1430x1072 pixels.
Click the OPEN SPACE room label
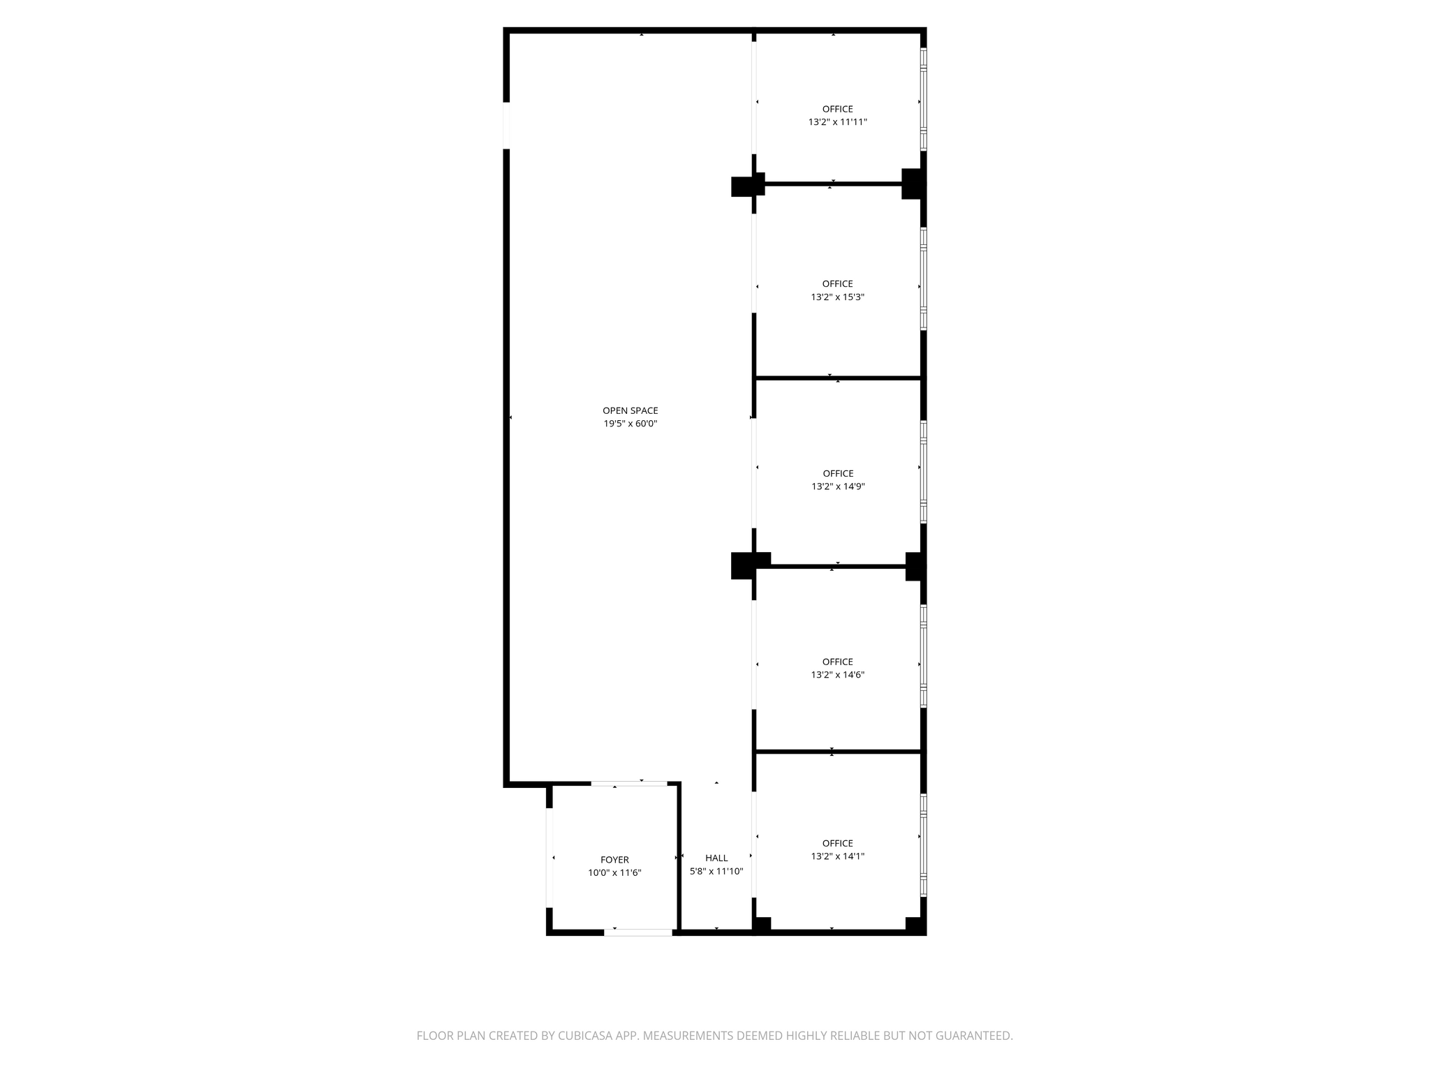point(630,410)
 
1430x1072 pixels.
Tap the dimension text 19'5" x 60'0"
point(630,424)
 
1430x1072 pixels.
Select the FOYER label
point(614,860)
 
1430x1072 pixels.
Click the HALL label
point(716,858)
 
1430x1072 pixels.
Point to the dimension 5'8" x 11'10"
point(716,871)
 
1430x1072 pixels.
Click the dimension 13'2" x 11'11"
point(837,122)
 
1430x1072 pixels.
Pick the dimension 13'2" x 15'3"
point(837,297)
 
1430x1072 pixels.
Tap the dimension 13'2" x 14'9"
point(837,486)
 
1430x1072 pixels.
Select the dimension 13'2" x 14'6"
point(837,675)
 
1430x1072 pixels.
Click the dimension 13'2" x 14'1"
point(837,856)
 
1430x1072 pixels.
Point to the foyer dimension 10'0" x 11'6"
point(614,872)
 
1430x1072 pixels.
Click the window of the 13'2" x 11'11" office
point(923,99)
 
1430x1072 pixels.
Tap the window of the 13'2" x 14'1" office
point(923,845)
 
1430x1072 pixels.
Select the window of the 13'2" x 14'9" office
point(923,472)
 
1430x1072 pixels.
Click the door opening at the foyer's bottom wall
point(638,932)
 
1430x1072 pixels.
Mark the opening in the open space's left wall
point(506,126)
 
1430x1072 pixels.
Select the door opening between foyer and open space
point(628,784)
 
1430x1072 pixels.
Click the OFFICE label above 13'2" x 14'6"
point(837,662)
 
